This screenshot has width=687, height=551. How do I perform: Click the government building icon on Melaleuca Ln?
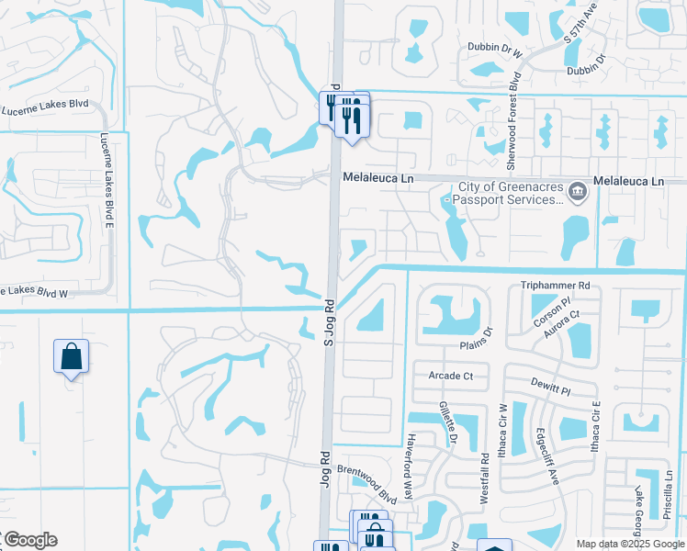click(578, 191)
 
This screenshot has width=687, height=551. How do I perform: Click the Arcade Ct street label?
click(450, 376)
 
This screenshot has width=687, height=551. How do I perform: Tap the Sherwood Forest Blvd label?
click(513, 120)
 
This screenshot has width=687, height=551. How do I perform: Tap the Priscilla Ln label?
click(668, 497)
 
